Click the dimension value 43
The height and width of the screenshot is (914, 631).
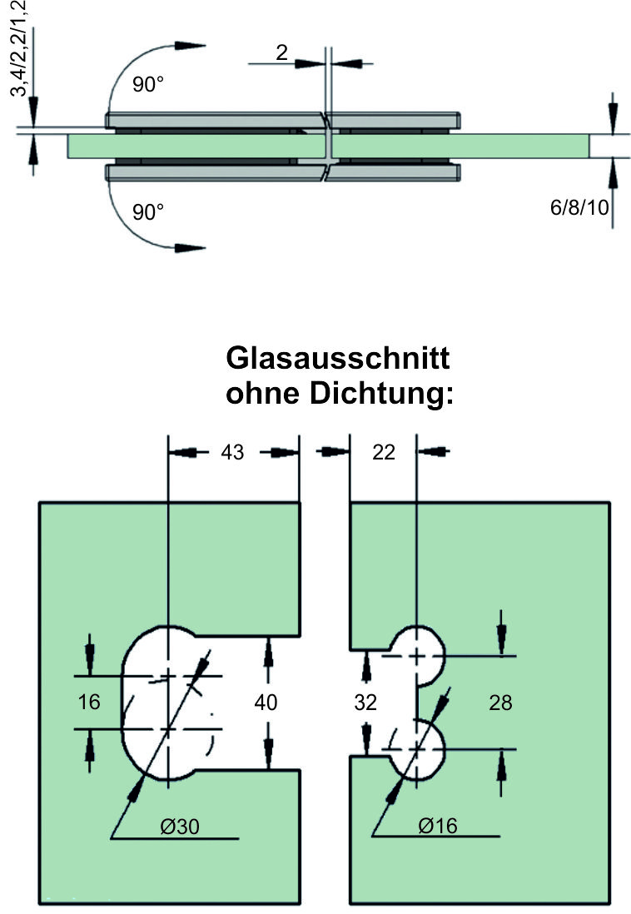click(232, 452)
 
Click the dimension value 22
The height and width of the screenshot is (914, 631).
click(384, 452)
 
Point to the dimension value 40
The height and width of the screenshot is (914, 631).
click(266, 703)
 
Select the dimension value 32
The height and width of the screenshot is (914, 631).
click(365, 703)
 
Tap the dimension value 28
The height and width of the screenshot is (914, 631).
click(500, 703)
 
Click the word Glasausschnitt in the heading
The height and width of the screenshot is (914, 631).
click(338, 360)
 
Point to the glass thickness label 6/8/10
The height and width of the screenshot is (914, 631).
click(579, 207)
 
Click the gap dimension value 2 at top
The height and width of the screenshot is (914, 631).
click(281, 53)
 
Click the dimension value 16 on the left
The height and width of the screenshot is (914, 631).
click(88, 702)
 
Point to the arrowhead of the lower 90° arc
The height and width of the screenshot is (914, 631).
click(192, 247)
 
